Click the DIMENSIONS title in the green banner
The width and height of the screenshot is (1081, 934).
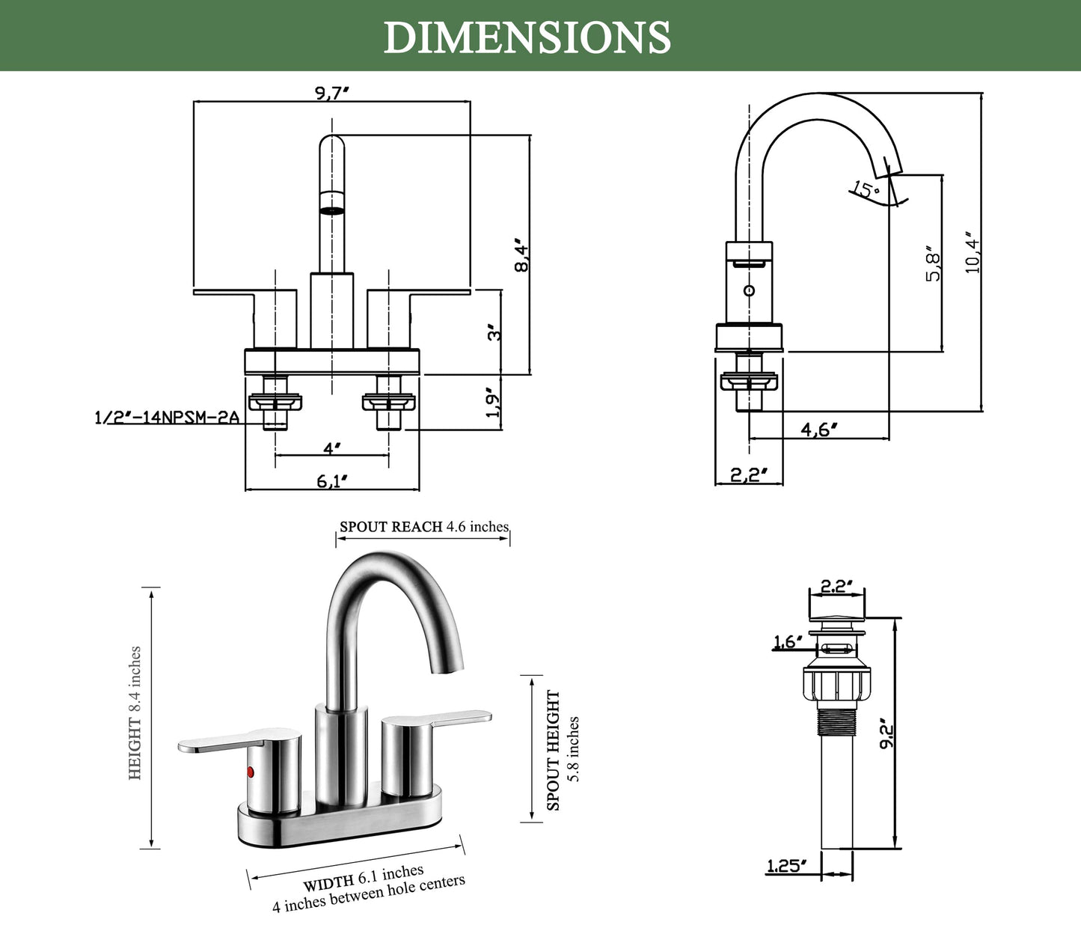click(x=527, y=37)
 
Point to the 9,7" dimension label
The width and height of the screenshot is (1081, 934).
click(x=332, y=93)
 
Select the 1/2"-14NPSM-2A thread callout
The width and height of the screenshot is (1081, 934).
click(x=167, y=418)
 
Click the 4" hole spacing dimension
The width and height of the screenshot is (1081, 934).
click(x=332, y=448)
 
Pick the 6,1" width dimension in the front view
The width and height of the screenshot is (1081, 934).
click(x=332, y=481)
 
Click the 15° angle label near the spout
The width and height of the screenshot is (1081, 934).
click(x=866, y=189)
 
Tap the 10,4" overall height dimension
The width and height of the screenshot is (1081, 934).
click(x=972, y=252)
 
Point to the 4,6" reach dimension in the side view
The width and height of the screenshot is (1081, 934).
click(x=818, y=430)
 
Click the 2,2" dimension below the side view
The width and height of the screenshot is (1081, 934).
click(x=748, y=474)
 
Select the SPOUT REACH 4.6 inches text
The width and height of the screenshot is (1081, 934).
click(x=423, y=527)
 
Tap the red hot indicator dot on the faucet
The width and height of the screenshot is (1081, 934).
click(x=251, y=772)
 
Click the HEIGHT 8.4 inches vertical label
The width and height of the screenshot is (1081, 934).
click(x=135, y=712)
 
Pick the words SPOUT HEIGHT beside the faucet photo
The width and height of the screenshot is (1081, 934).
click(x=554, y=750)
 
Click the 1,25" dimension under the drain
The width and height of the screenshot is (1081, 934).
click(x=787, y=866)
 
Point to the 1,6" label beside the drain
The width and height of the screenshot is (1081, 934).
click(x=788, y=641)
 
